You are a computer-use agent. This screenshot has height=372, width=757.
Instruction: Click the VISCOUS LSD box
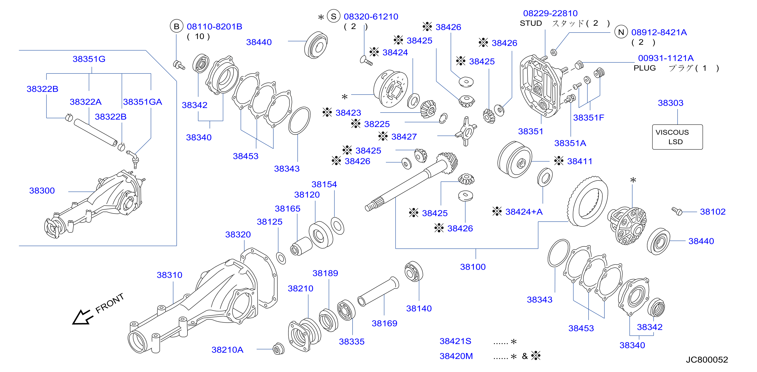pos(677,137)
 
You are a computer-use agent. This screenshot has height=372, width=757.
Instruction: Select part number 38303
pos(670,103)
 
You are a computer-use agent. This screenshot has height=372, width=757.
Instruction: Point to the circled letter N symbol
pos(621,32)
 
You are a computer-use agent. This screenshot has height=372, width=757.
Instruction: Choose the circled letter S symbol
pos(334,17)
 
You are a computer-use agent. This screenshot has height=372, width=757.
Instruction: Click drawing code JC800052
pos(707,360)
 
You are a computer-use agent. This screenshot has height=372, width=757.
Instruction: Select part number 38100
pos(473,267)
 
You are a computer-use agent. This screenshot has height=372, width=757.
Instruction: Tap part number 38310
pos(169,275)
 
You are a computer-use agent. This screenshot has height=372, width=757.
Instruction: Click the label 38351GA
pos(143,102)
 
